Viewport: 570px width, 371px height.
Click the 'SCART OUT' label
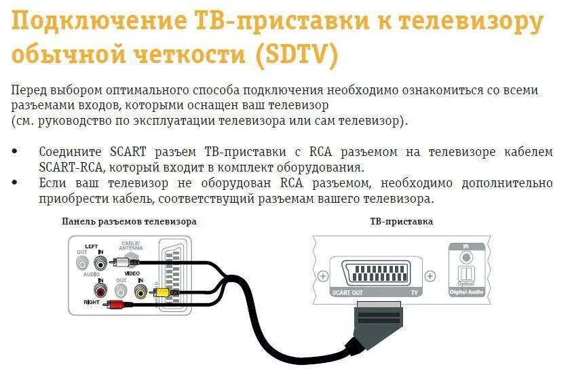347,293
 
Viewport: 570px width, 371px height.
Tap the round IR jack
466,257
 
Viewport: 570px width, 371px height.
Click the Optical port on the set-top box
465,274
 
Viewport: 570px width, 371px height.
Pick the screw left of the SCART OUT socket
323,276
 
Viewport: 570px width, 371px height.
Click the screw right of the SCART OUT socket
430,276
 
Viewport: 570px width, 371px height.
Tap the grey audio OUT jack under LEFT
82,261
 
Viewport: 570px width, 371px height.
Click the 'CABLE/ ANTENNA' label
130,246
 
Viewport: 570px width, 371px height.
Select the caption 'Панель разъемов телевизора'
129,222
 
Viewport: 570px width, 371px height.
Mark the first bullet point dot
15,151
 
